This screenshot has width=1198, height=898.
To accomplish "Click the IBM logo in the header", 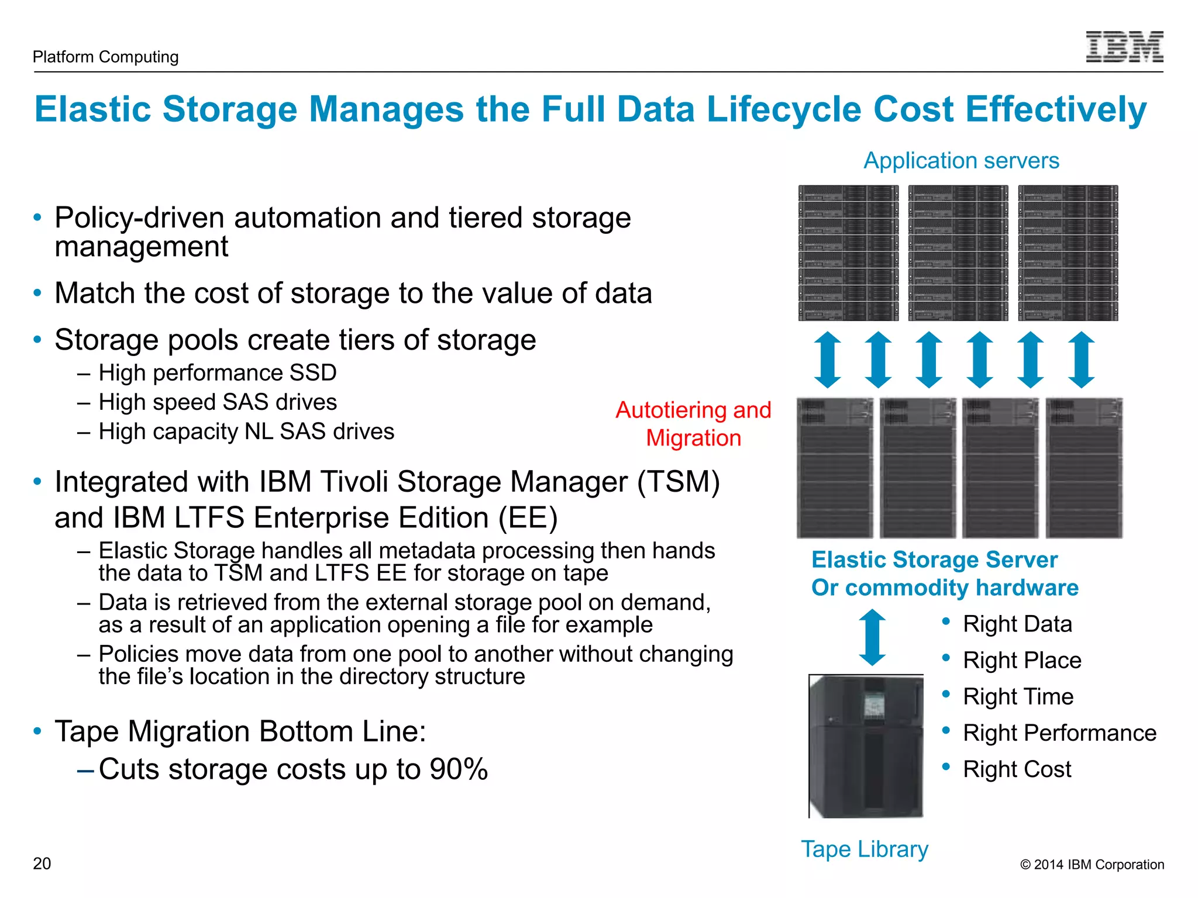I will click(1124, 47).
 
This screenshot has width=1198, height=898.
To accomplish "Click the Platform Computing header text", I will click(105, 57).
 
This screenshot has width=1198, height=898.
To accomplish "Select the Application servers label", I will click(961, 161).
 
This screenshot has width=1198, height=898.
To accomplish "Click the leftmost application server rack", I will click(848, 253).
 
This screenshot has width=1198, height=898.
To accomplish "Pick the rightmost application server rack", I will click(1068, 253).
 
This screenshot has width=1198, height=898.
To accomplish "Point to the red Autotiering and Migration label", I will click(693, 424).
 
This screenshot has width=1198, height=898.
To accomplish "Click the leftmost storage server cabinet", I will click(835, 468).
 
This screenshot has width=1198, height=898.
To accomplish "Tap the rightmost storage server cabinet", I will click(1084, 468).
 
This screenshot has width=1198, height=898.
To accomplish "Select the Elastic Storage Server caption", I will click(934, 559).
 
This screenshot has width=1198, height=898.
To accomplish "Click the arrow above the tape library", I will click(872, 637).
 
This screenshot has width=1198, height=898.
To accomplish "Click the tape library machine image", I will click(866, 746).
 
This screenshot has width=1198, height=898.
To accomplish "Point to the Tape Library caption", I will click(865, 849).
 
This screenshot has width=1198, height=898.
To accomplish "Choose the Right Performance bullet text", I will click(1059, 733).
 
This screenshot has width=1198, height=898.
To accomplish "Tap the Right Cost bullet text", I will click(1017, 769).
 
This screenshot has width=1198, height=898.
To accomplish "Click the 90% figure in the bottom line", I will click(459, 769).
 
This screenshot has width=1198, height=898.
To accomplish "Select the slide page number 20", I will click(42, 864).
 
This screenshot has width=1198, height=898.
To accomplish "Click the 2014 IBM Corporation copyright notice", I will click(1092, 865).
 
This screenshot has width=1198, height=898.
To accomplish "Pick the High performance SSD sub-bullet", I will click(218, 373).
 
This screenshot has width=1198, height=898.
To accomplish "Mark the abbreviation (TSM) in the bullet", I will click(679, 482).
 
